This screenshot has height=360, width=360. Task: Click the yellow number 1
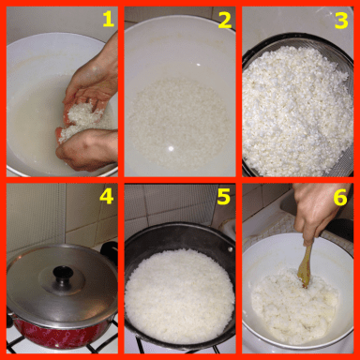pyautogui.click(x=108, y=19)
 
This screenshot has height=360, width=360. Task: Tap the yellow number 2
pyautogui.click(x=225, y=20)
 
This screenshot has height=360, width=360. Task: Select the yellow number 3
pyautogui.click(x=341, y=20)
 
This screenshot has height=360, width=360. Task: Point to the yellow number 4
pyautogui.click(x=107, y=196)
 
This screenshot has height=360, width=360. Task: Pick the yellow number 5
pyautogui.click(x=224, y=196)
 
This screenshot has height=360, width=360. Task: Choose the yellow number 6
pyautogui.click(x=340, y=197)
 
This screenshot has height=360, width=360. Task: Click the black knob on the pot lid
pyautogui.click(x=63, y=274)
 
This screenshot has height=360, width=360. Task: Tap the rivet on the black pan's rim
pyautogui.click(x=231, y=249)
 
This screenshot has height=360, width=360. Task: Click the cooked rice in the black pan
pyautogui.click(x=179, y=295)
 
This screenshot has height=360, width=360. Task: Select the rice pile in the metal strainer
pyautogui.click(x=297, y=111)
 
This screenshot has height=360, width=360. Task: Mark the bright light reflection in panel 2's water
pyautogui.click(x=171, y=149)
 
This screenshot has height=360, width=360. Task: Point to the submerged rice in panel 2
pyautogui.click(x=179, y=120)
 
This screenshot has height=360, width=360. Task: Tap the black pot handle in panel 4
pyautogui.click(x=110, y=250)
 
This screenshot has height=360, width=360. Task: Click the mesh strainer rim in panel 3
pyautogui.click(x=298, y=39)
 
